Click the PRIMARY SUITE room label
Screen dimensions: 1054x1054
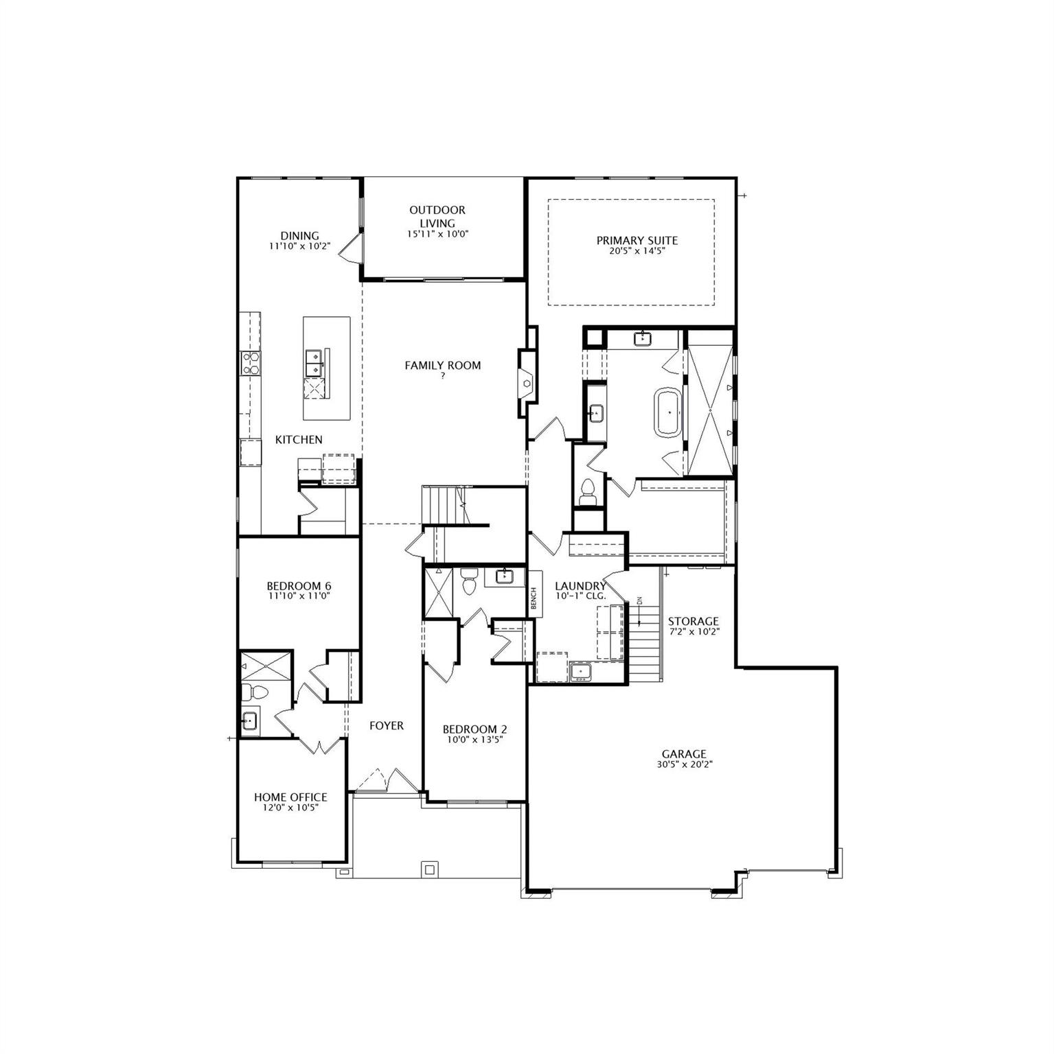click(637, 241)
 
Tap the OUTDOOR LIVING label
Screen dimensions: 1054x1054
click(437, 216)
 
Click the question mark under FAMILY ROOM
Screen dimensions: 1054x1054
click(443, 376)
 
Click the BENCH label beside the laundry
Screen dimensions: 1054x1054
click(534, 598)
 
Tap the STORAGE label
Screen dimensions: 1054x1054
click(694, 621)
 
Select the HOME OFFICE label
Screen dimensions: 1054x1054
click(290, 797)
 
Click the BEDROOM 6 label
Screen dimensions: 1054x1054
click(299, 586)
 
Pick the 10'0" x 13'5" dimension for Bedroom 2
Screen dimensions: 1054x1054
click(475, 740)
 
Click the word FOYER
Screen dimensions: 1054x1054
click(387, 725)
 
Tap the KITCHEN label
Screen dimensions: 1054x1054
click(299, 440)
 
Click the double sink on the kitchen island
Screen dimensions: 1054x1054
click(314, 362)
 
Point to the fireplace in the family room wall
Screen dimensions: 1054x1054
click(527, 383)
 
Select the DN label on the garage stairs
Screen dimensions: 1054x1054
click(639, 601)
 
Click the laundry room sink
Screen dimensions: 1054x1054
click(581, 671)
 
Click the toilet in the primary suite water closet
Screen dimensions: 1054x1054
click(588, 491)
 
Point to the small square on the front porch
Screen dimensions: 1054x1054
click(430, 869)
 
